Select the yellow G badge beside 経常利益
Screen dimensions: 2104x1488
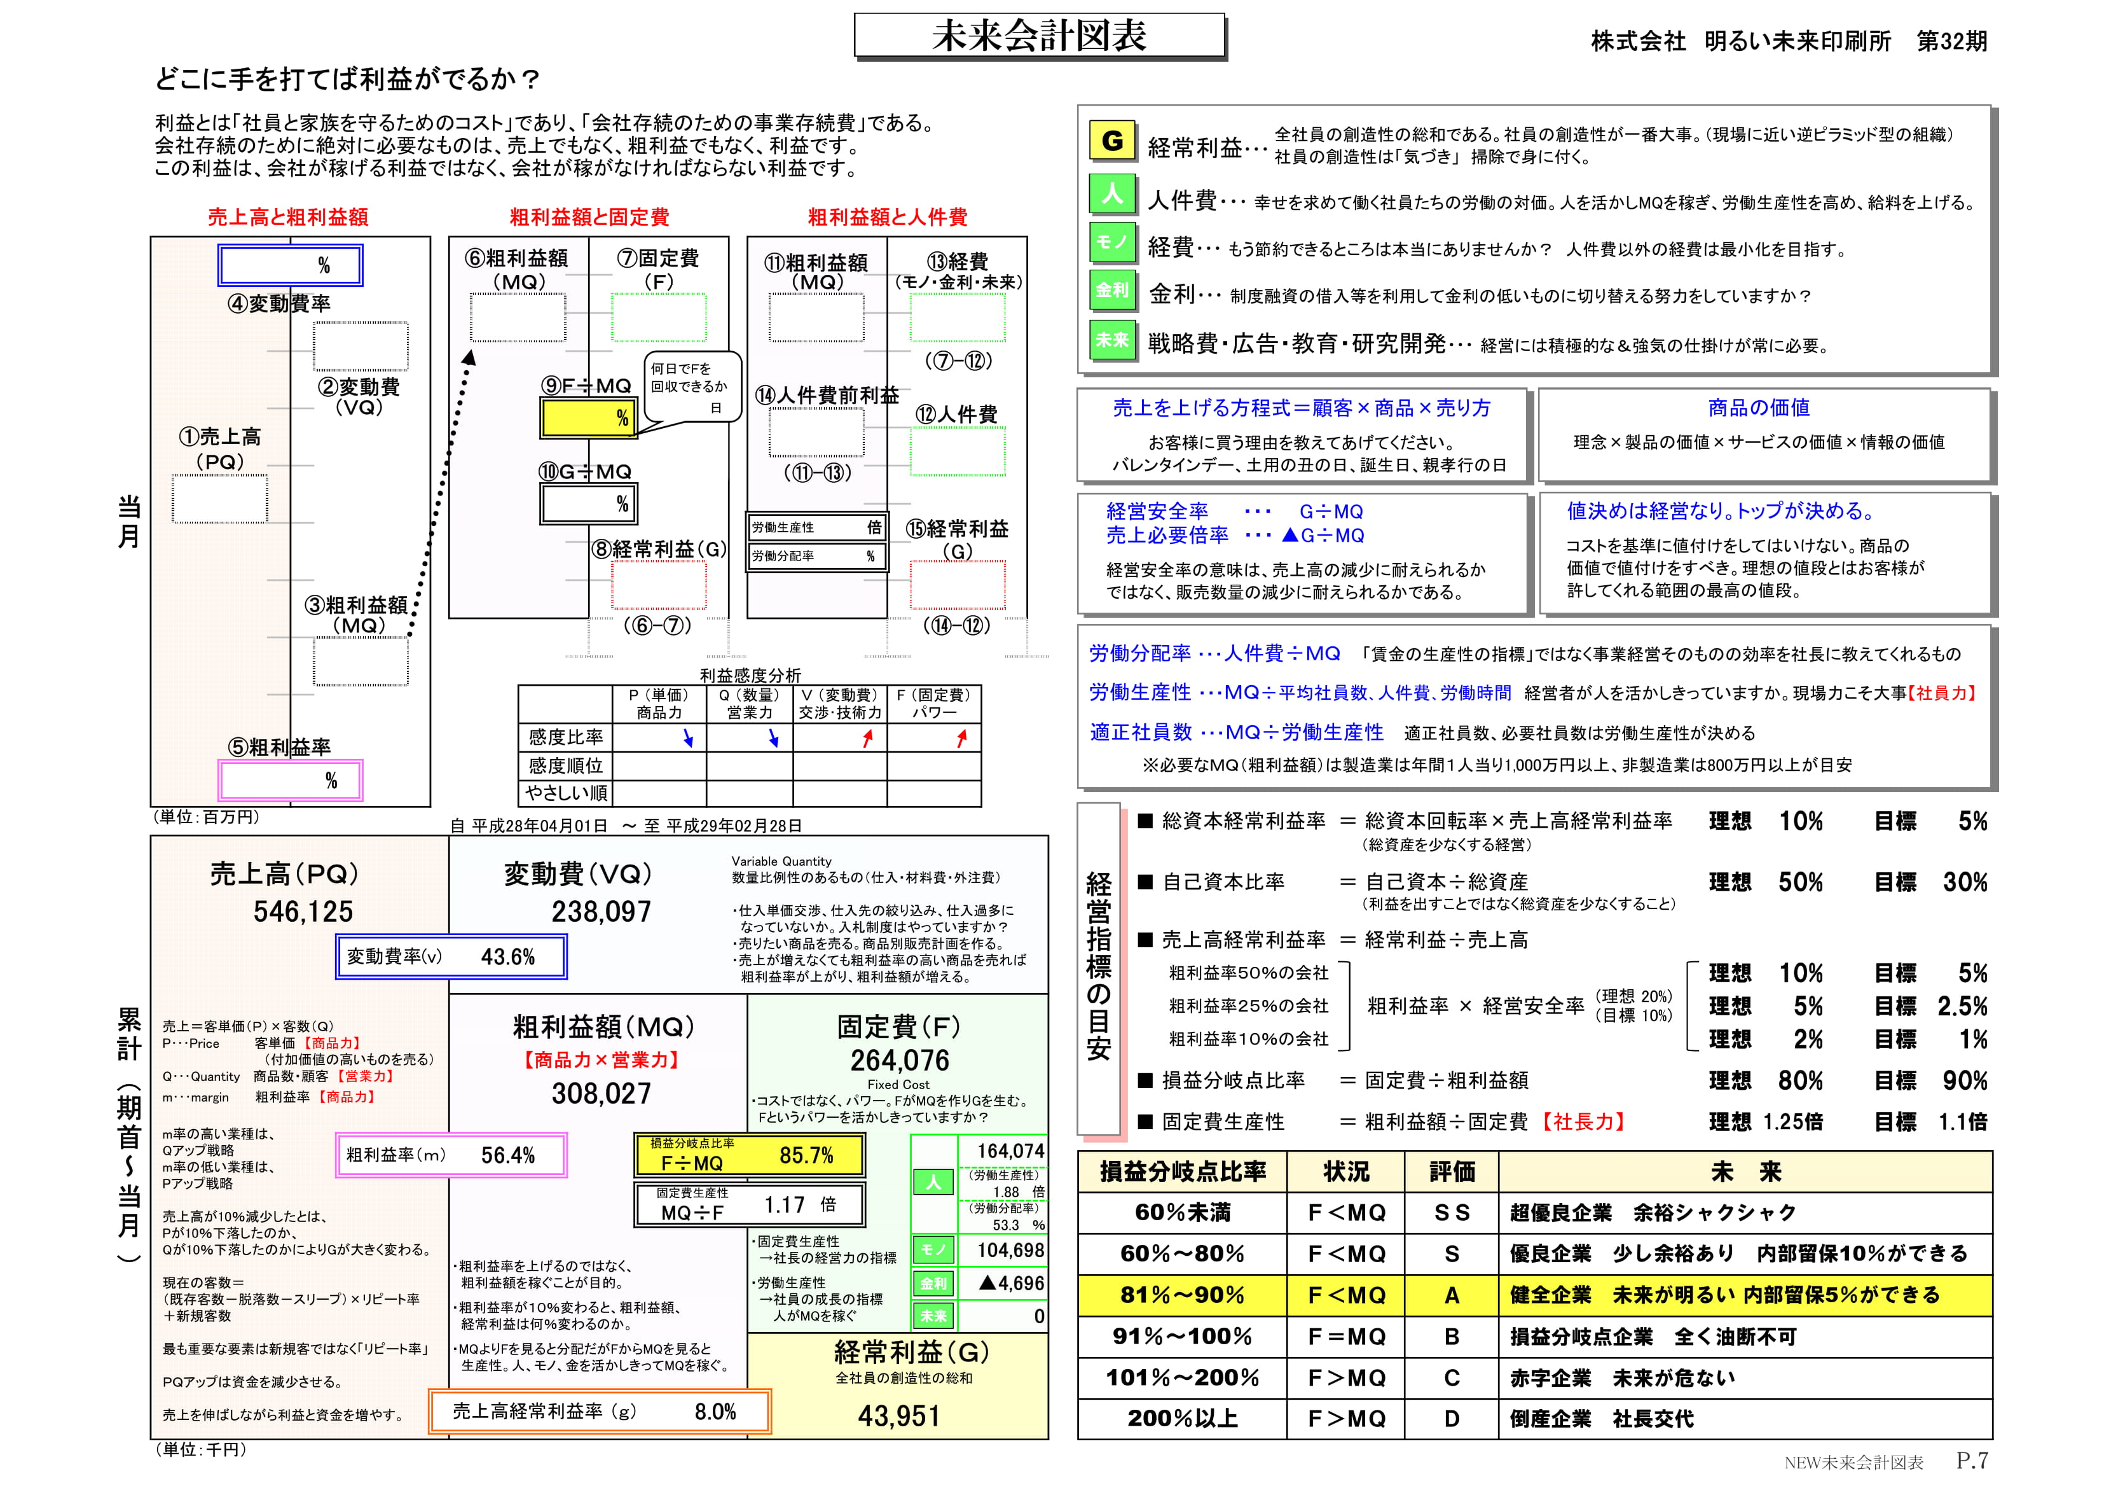[x=1113, y=140]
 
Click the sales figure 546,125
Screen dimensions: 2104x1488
[x=303, y=912]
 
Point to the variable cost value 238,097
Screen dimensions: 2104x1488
[x=601, y=912]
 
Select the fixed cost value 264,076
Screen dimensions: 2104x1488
[x=900, y=1060]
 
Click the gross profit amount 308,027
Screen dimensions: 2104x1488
[x=601, y=1093]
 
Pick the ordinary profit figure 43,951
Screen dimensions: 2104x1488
[x=899, y=1417]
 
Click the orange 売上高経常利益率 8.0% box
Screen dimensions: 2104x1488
[x=600, y=1412]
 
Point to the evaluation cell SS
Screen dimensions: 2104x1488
[x=1452, y=1213]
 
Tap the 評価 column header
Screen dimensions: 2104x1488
[x=1452, y=1172]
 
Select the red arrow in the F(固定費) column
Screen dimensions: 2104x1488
[x=961, y=738]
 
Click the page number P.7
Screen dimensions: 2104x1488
[x=1972, y=1461]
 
